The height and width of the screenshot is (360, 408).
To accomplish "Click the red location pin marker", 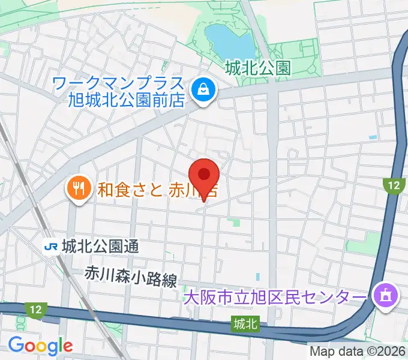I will pyautogui.click(x=204, y=176).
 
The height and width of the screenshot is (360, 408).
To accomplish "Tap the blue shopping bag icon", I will pyautogui.click(x=204, y=91).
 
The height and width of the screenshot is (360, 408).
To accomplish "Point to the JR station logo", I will pyautogui.click(x=50, y=245).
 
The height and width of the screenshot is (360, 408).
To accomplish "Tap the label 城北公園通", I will pyautogui.click(x=99, y=245).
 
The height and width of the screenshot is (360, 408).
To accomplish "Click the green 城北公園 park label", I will pyautogui.click(x=257, y=68).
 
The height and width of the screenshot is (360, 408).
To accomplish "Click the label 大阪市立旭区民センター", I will pyautogui.click(x=274, y=298).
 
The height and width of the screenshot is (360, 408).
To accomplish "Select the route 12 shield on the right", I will pyautogui.click(x=393, y=185).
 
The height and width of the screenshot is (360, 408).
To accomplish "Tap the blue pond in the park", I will pyautogui.click(x=229, y=39).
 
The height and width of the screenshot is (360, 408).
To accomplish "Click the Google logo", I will pyautogui.click(x=40, y=346).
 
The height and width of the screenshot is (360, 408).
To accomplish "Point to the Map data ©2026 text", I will pyautogui.click(x=356, y=352).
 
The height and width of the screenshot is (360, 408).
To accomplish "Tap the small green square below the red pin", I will pyautogui.click(x=236, y=223).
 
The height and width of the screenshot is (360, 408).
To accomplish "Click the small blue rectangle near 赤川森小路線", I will pyautogui.click(x=258, y=277).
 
